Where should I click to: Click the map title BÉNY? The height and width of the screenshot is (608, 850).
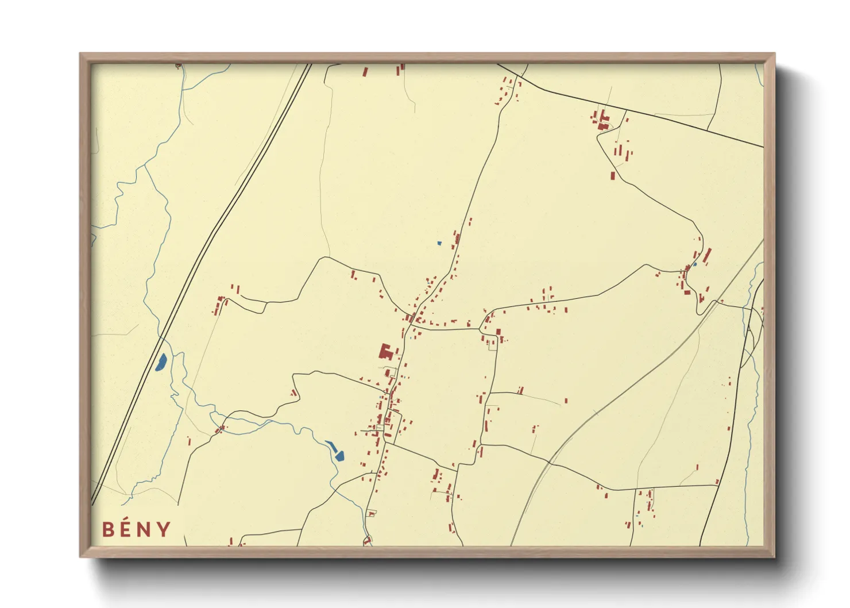(137, 529)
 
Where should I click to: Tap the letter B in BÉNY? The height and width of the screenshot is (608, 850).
(108, 529)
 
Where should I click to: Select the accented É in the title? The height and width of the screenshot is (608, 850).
(128, 529)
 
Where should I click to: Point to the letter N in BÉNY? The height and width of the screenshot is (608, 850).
(146, 529)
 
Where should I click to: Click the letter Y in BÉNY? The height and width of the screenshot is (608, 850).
(164, 529)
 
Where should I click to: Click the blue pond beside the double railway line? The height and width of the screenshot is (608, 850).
(161, 362)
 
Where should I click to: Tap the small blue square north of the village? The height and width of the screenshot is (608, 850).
(439, 243)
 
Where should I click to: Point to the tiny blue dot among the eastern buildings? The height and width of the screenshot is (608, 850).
(694, 264)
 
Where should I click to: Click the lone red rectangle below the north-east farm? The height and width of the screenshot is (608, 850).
(613, 175)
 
